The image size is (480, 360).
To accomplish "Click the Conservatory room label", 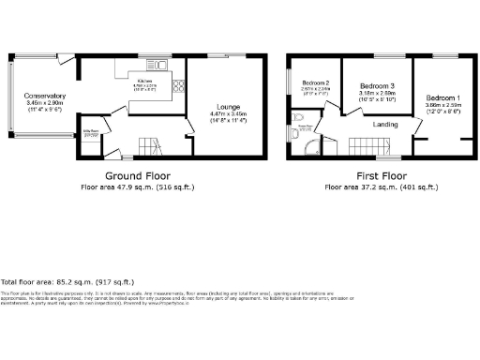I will click(45, 96).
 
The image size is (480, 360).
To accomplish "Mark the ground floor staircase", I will click(149, 144).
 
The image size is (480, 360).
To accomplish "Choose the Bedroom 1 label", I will click(442, 97).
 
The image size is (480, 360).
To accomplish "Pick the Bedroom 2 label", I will click(311, 82).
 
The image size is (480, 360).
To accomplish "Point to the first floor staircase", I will click(371, 144).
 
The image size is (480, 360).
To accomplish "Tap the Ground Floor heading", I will click(136, 176).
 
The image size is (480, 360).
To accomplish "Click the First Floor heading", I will click(381, 176).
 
